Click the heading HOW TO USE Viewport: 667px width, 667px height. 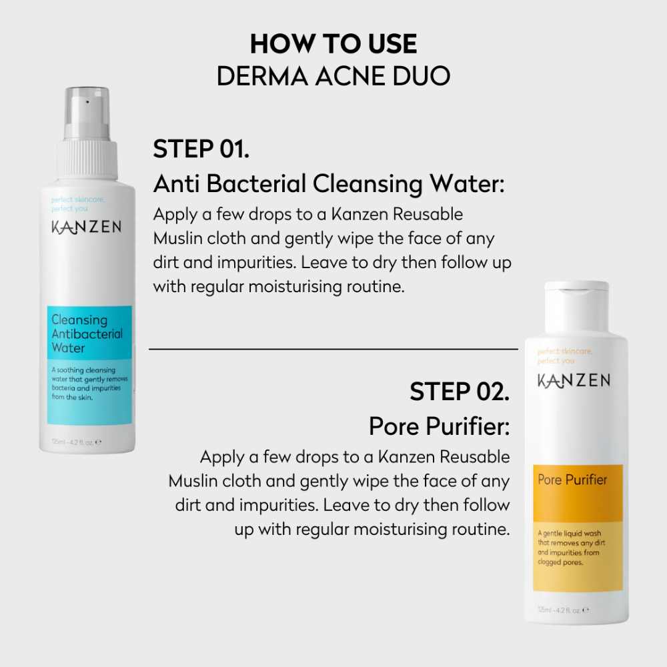pyautogui.click(x=333, y=44)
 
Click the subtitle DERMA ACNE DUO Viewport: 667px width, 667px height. pyautogui.click(x=333, y=76)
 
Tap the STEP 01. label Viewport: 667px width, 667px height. pyautogui.click(x=201, y=149)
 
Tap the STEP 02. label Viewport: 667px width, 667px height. pyautogui.click(x=460, y=392)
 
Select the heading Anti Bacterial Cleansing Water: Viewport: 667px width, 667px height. pyautogui.click(x=328, y=183)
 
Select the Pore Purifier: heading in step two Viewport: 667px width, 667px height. pyautogui.click(x=439, y=427)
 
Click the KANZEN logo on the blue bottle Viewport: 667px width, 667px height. pyautogui.click(x=86, y=227)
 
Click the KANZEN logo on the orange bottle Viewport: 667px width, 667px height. pyautogui.click(x=574, y=380)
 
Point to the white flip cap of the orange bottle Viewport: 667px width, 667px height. pyautogui.click(x=576, y=294)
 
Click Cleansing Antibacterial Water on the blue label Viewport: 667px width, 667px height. pyautogui.click(x=87, y=334)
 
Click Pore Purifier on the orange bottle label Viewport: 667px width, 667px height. pyautogui.click(x=572, y=480)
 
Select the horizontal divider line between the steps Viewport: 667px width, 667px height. pyautogui.click(x=333, y=348)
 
